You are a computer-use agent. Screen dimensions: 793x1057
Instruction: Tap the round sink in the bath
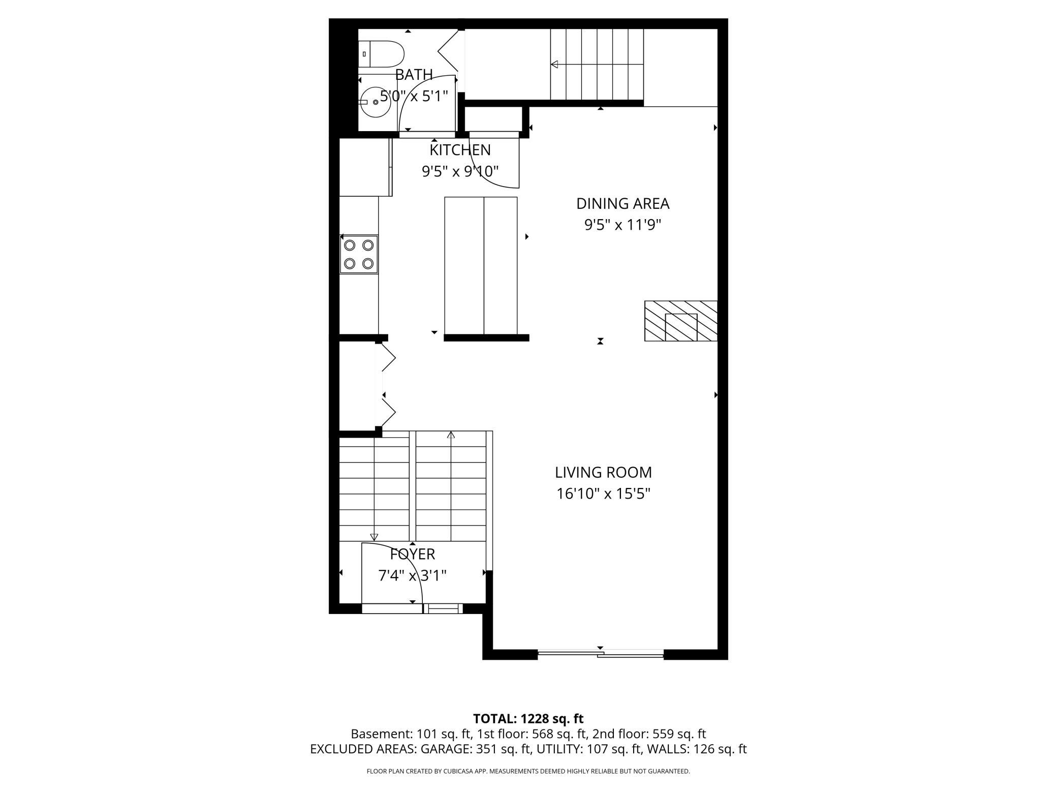[x=375, y=102]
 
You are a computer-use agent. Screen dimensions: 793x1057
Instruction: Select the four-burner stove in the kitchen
[x=359, y=254]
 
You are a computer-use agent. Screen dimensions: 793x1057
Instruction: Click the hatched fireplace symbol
[x=680, y=321]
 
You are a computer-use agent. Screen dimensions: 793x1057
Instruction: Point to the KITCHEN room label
[x=460, y=150]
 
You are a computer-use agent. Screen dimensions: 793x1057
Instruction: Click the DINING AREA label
[x=623, y=204]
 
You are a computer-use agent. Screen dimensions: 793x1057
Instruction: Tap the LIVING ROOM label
[x=603, y=472]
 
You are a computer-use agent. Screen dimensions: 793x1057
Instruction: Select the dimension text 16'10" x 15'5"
[x=603, y=494]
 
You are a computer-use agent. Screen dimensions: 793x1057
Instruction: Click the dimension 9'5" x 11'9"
[x=623, y=225]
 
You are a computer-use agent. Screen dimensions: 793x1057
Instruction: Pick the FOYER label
[x=412, y=554]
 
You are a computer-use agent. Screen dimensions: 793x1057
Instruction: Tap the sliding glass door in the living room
[x=600, y=654]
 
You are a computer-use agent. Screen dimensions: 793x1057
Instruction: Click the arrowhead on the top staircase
[x=555, y=65]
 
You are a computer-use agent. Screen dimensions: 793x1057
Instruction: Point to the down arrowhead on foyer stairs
[x=375, y=537]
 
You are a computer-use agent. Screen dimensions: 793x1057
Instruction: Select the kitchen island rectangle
[x=481, y=265]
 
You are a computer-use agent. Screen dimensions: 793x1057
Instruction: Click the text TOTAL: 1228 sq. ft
[x=528, y=719]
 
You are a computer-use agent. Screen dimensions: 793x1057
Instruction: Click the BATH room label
[x=414, y=75]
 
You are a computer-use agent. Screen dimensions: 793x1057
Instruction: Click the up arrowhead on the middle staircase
[x=451, y=435]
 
